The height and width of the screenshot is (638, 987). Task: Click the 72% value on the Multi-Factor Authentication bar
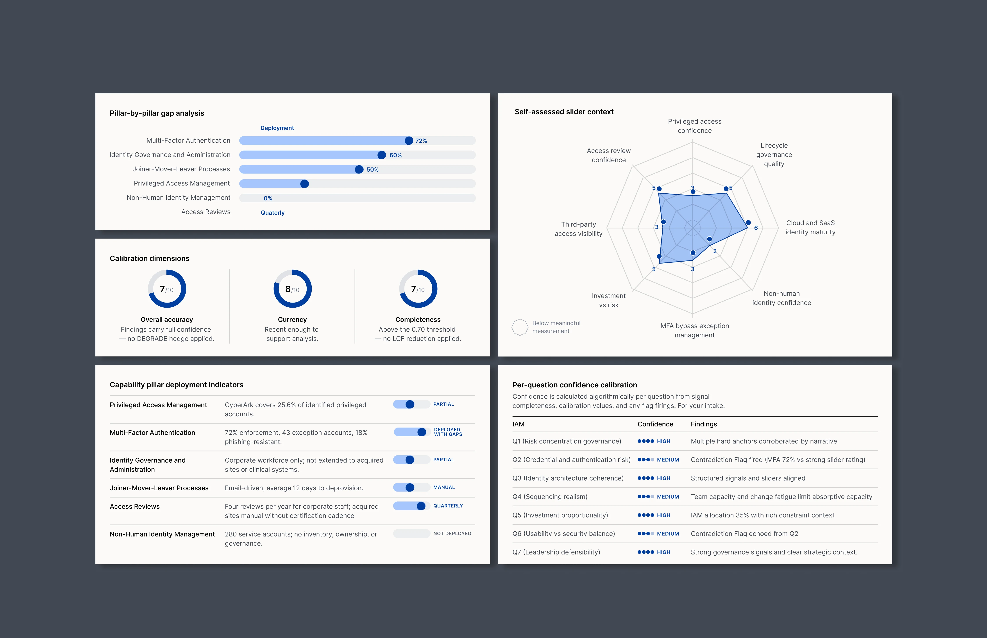(421, 141)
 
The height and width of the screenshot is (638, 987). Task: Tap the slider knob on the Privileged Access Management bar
(305, 184)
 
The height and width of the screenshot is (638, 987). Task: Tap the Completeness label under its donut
(418, 319)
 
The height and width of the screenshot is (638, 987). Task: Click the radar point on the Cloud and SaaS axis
(748, 223)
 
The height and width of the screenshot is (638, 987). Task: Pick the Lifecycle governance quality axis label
(774, 155)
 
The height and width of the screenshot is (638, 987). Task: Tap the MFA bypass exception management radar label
(694, 330)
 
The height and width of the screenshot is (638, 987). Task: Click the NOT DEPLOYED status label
(452, 534)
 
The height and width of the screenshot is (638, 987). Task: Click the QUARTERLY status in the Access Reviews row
(448, 506)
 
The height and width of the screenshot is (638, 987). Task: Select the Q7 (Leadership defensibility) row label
(556, 552)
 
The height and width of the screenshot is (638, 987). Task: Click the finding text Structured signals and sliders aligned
(748, 478)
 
